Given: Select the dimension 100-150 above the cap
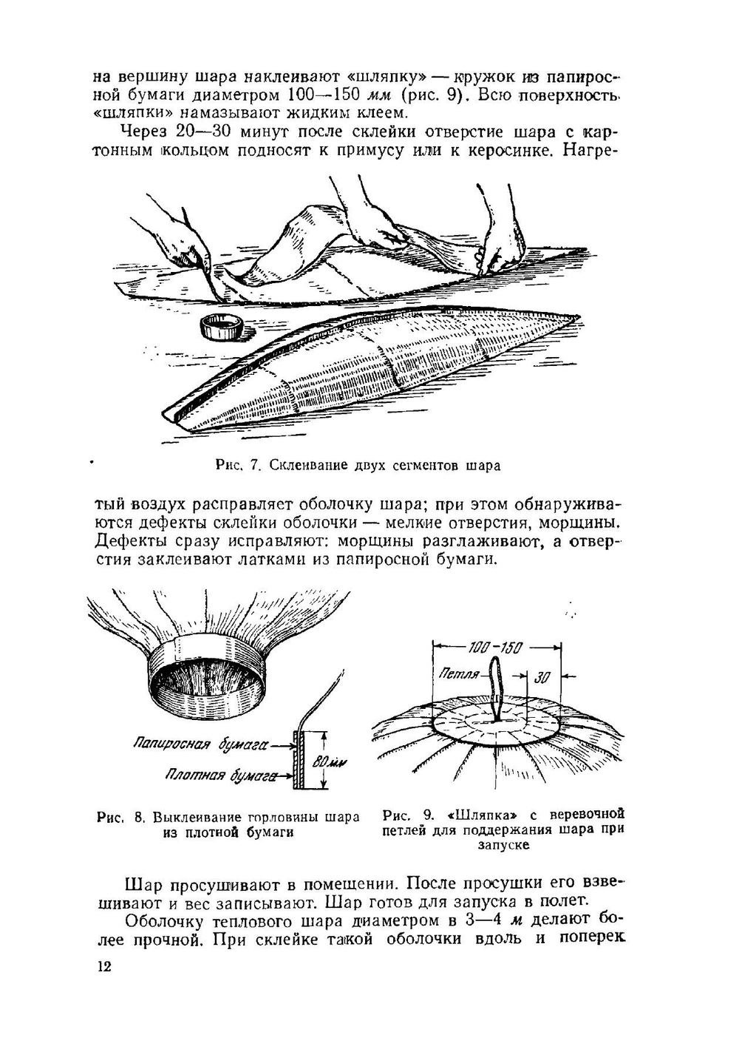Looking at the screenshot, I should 496,648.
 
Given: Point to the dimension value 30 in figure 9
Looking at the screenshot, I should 542,676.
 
